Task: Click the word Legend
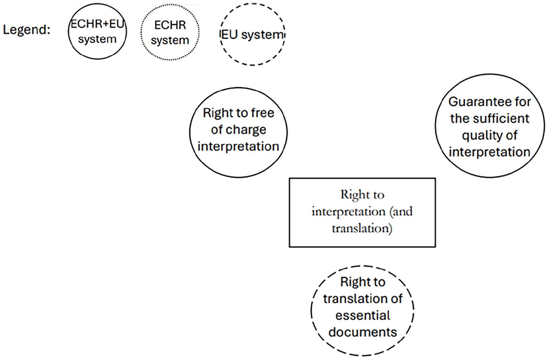[x=26, y=30]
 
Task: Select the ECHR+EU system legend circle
[x=68, y=31]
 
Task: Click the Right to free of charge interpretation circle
[x=190, y=133]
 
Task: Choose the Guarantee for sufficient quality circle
[x=436, y=126]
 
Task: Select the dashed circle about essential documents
[x=311, y=311]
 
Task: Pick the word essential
[x=363, y=315]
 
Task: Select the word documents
[x=363, y=332]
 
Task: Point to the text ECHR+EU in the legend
[x=97, y=24]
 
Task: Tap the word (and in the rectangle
[x=401, y=211]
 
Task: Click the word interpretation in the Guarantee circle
[x=490, y=152]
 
